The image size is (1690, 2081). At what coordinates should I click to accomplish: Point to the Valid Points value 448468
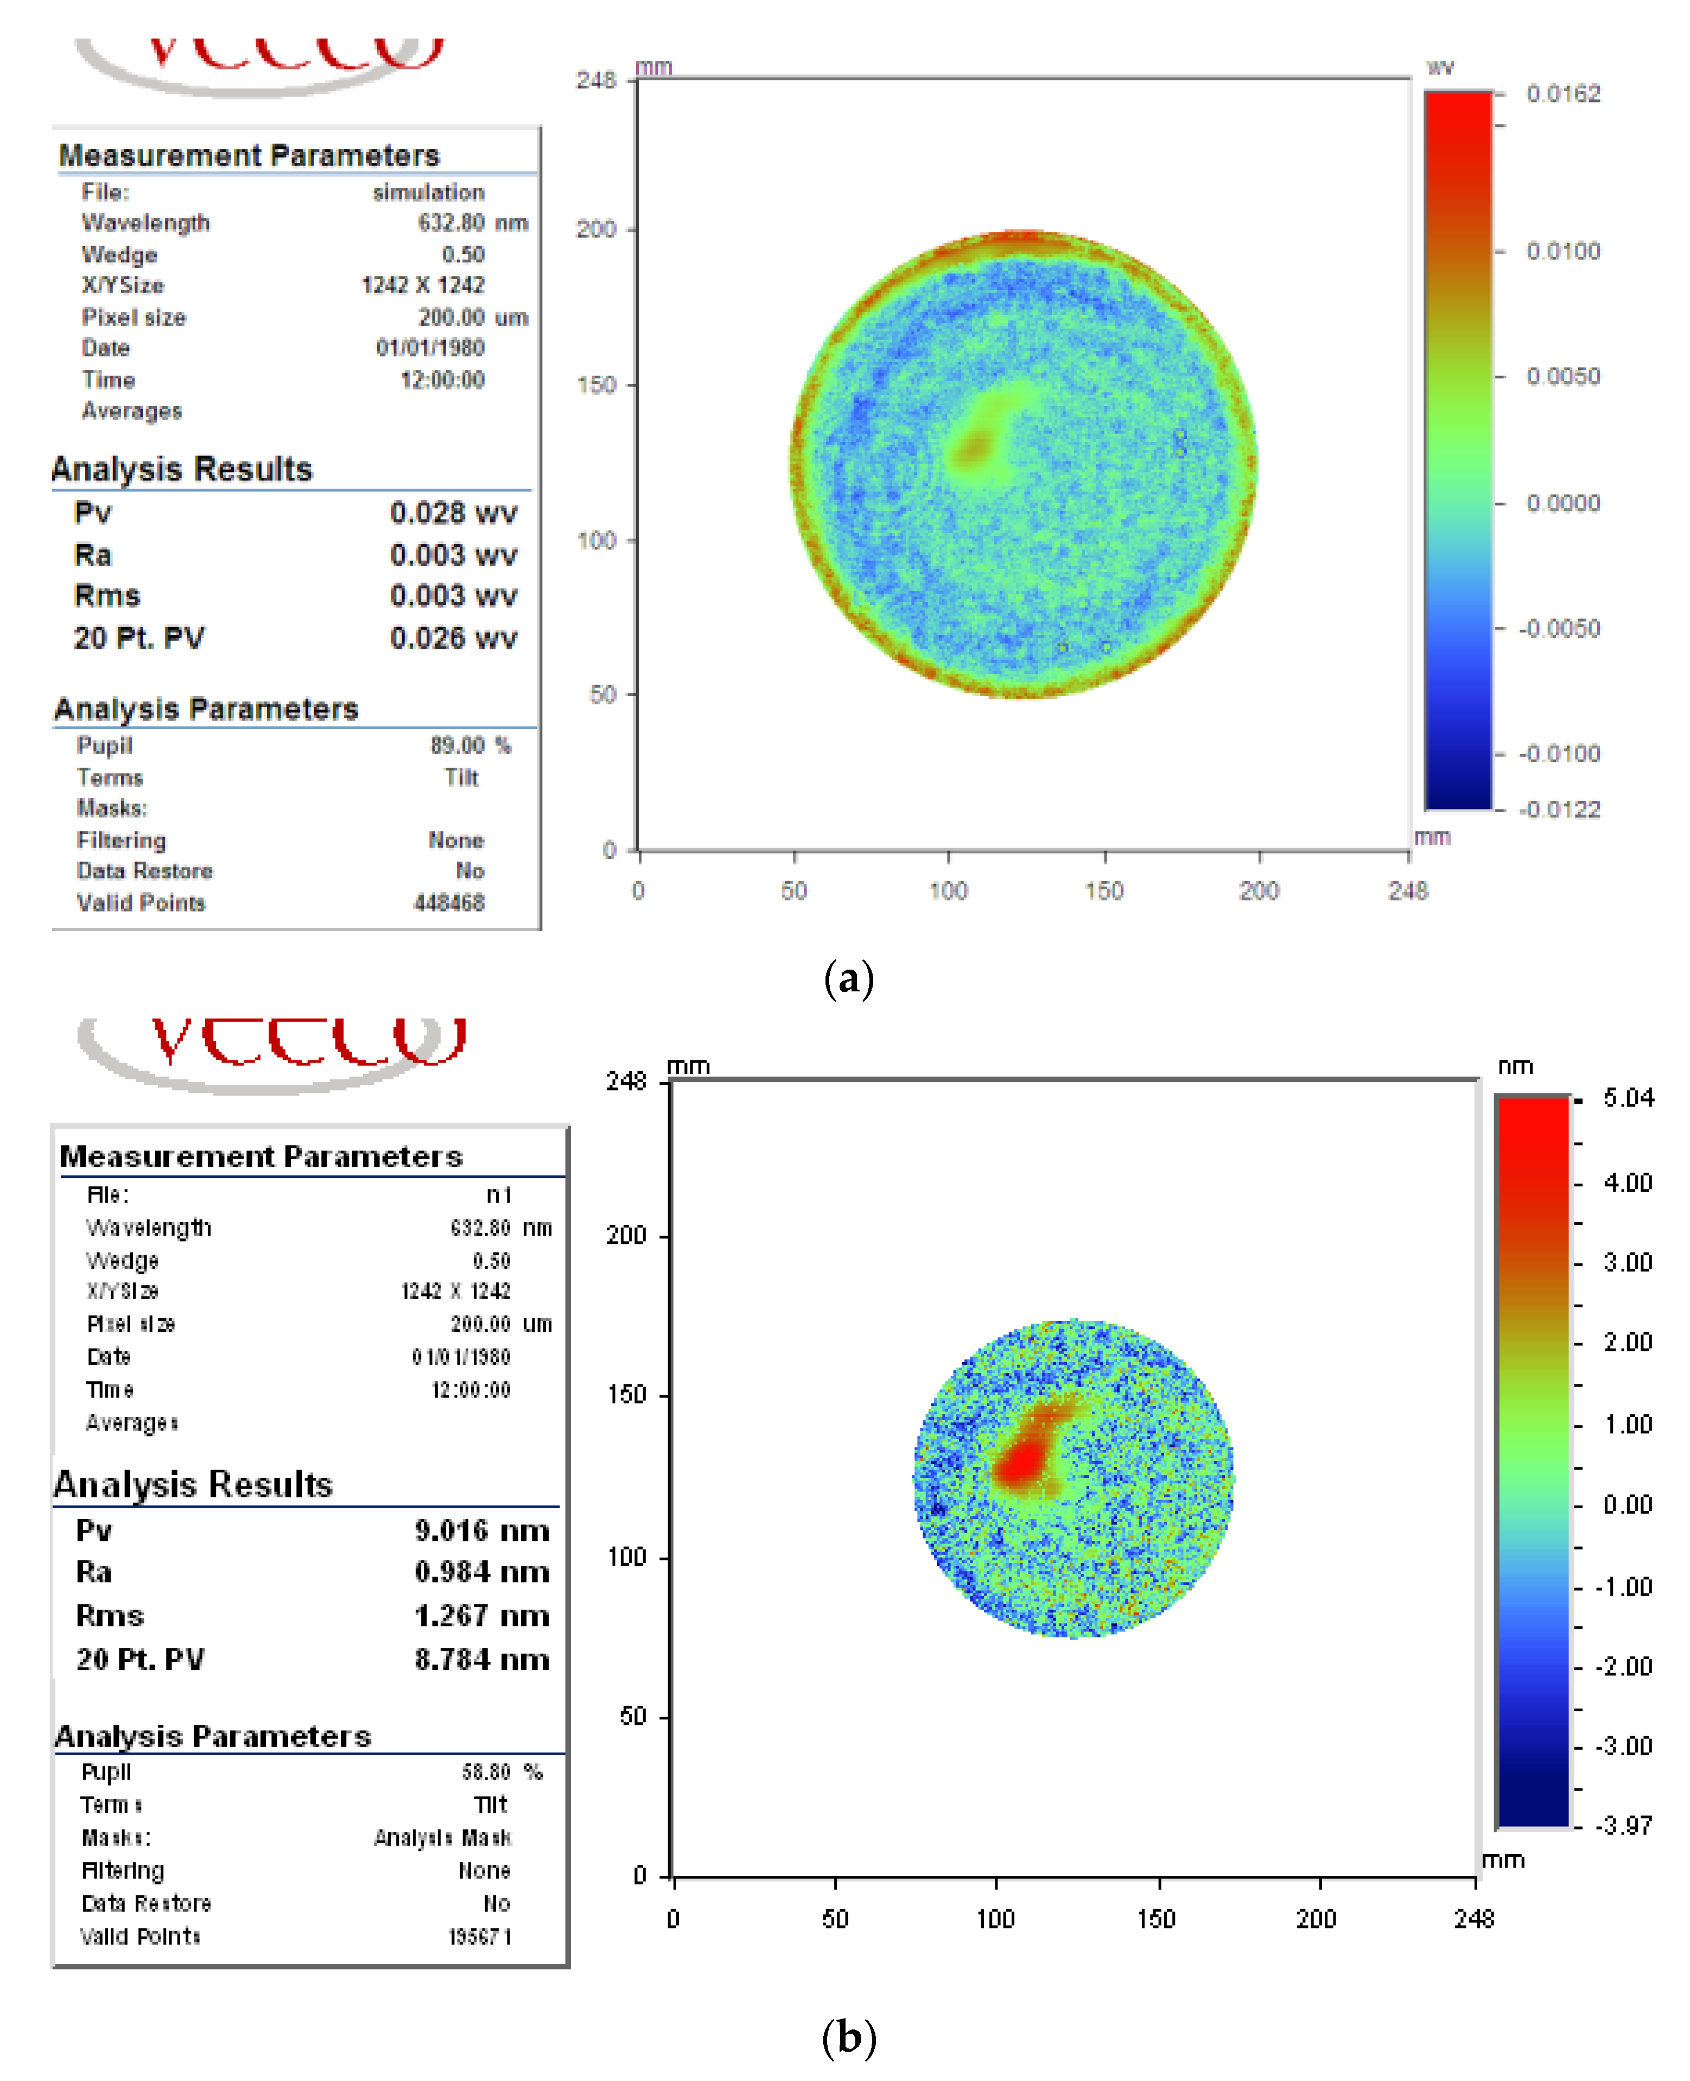click(449, 903)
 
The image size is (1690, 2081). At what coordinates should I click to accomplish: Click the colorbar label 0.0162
click(1562, 93)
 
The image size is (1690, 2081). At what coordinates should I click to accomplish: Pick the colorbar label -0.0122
click(1560, 809)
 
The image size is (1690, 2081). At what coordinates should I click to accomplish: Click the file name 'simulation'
click(428, 192)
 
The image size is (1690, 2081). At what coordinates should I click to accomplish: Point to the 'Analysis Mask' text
click(443, 1838)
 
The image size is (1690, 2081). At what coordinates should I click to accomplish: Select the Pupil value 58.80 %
click(501, 1772)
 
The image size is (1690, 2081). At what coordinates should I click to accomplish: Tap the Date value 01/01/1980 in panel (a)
click(430, 347)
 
